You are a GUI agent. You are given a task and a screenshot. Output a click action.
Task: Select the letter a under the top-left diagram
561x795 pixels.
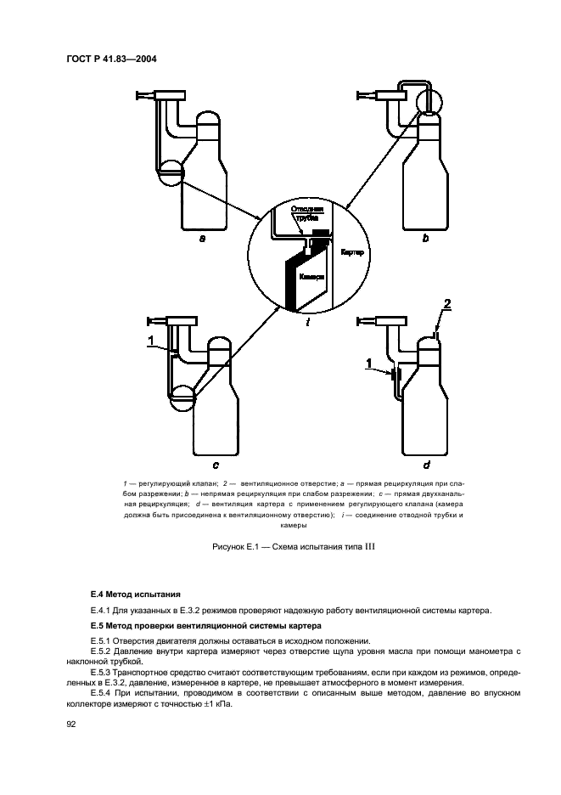coord(202,240)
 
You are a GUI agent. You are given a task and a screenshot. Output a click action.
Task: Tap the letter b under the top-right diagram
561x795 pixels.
coord(425,240)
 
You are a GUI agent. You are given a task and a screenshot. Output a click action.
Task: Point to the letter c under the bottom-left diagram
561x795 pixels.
coord(216,465)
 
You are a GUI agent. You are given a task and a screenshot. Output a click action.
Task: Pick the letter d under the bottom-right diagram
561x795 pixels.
coord(425,465)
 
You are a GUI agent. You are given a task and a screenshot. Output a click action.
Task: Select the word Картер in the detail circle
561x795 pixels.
coord(353,254)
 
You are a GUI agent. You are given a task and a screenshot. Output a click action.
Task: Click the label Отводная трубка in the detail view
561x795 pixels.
coord(306,212)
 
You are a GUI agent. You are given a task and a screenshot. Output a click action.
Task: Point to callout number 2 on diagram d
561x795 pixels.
coord(448,303)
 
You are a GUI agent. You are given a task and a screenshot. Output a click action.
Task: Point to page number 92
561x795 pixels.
coord(71,725)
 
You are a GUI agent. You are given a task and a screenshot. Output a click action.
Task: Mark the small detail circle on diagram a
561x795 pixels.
coord(171,173)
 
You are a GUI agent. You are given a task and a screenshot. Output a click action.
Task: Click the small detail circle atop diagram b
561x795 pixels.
coord(429,100)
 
